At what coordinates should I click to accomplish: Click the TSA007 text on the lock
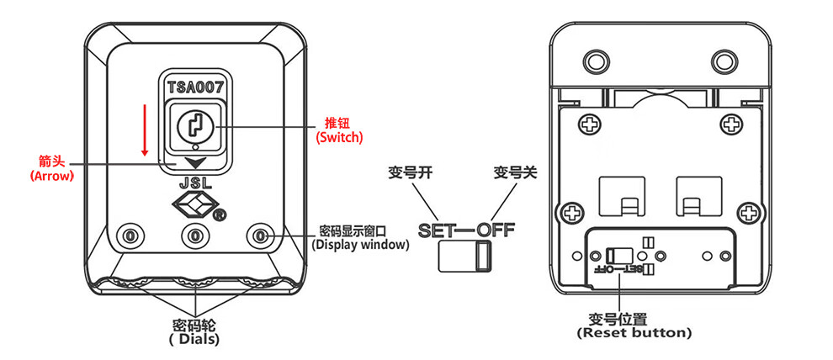pyautogui.click(x=194, y=86)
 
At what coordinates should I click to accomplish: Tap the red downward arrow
pyautogui.click(x=145, y=130)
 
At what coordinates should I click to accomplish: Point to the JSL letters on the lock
pyautogui.click(x=194, y=181)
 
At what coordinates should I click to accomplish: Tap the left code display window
pyautogui.click(x=129, y=236)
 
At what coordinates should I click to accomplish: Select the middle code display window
pyautogui.click(x=194, y=236)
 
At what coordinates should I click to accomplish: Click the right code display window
pyautogui.click(x=261, y=236)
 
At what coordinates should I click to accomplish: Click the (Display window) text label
pyautogui.click(x=359, y=245)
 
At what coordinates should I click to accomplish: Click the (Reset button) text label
pyautogui.click(x=634, y=333)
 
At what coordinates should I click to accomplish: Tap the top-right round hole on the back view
pyautogui.click(x=724, y=61)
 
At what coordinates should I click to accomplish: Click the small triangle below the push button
pyautogui.click(x=195, y=162)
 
